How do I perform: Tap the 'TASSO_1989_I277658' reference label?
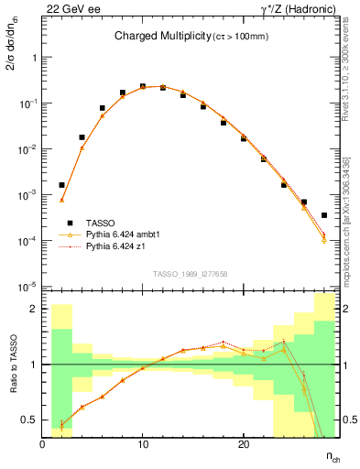190,274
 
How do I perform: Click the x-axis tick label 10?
142,444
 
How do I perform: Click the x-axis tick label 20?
243,444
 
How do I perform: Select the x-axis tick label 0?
42,444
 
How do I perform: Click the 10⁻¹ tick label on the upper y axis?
26,104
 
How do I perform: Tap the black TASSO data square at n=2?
62,185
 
